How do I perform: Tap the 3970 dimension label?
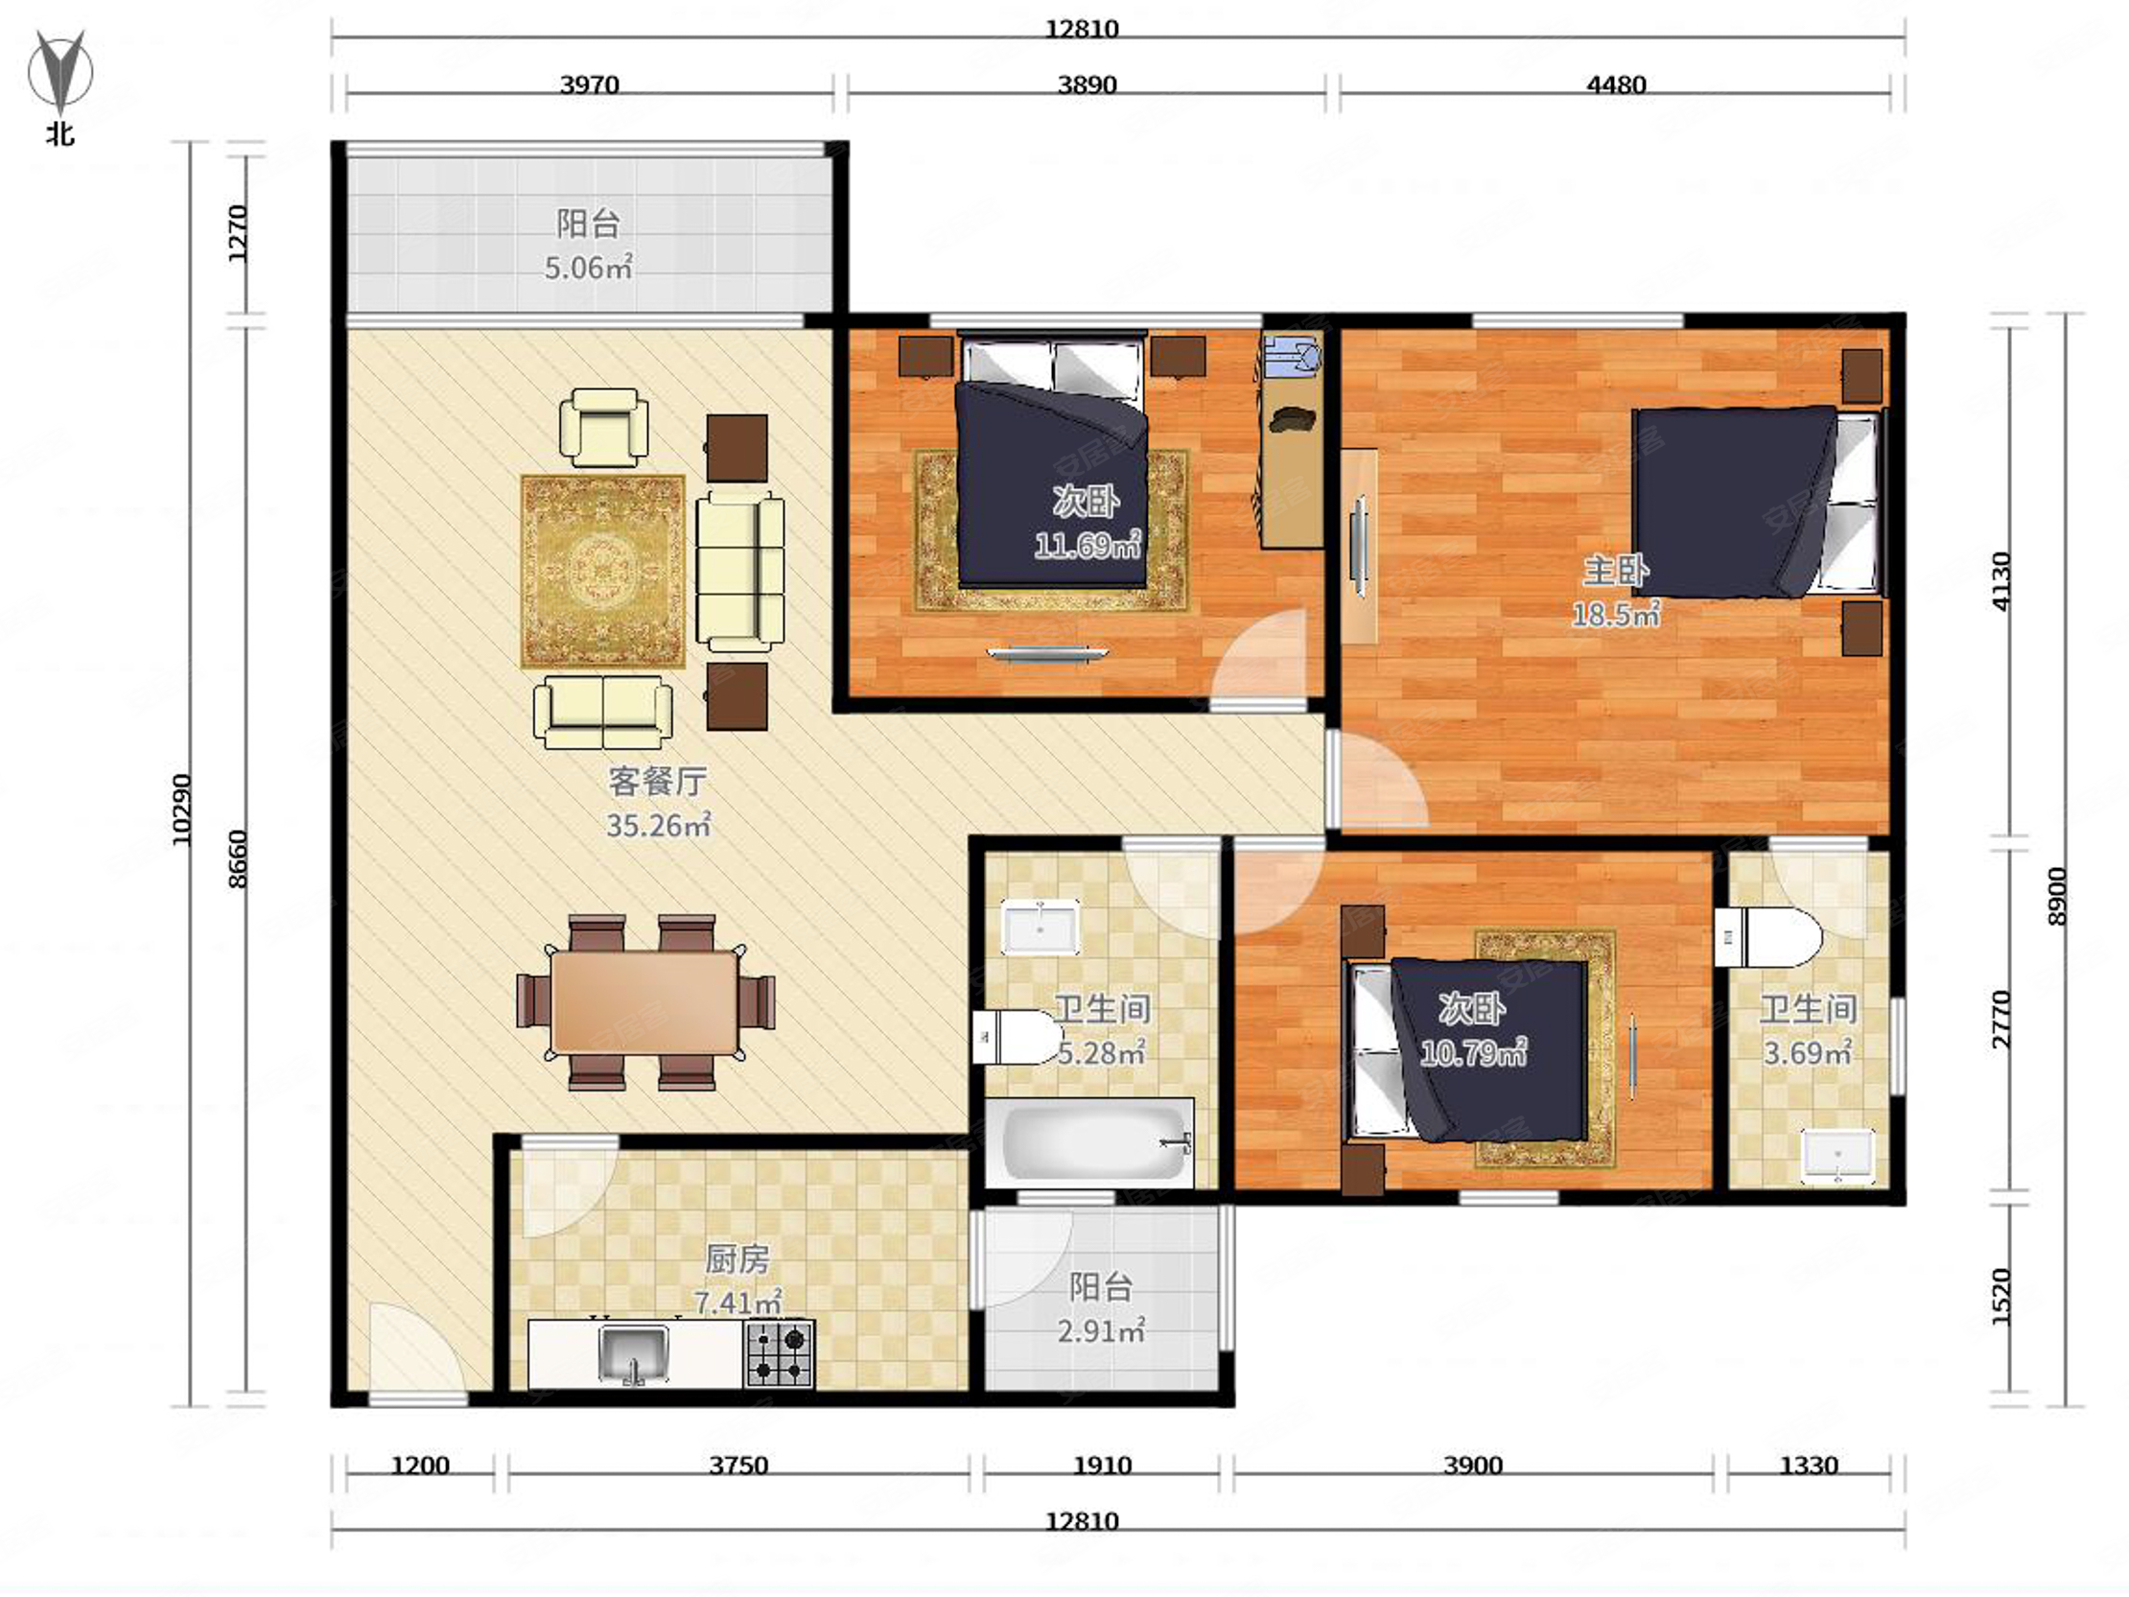pos(590,84)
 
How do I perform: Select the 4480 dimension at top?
pos(1616,84)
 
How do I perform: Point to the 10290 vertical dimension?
pos(182,810)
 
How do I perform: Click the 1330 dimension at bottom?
pos(1809,1466)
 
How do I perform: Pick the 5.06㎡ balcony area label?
pos(588,267)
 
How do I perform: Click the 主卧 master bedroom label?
pos(1616,571)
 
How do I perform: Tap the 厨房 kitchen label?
pos(737,1259)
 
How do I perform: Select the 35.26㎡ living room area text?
pos(658,825)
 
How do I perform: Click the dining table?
pos(644,1002)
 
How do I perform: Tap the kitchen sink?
pos(632,1353)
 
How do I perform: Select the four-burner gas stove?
pos(780,1353)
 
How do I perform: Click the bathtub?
pos(1089,1142)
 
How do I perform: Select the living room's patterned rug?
pos(603,571)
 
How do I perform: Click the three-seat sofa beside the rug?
pos(740,572)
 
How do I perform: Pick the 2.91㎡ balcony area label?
pos(1101,1331)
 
